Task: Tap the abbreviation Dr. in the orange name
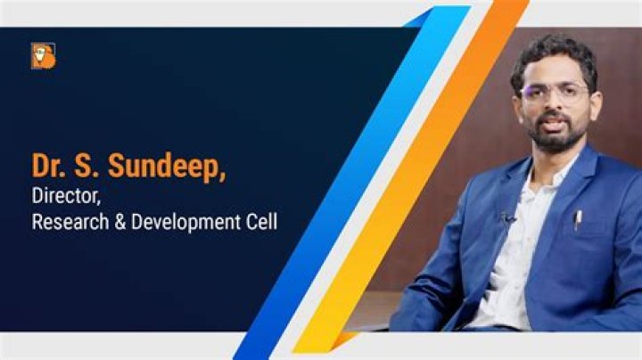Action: tap(50, 167)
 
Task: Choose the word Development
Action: tap(185, 222)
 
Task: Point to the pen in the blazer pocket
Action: tap(578, 218)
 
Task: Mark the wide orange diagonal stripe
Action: tap(419, 178)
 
